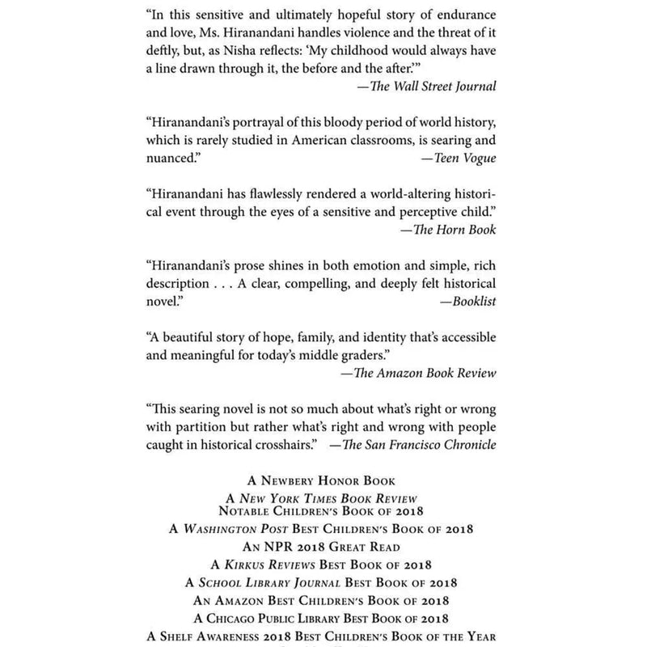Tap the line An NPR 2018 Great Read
(x=323, y=546)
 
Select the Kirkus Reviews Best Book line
(x=323, y=564)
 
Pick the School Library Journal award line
(x=323, y=582)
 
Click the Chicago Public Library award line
(x=323, y=618)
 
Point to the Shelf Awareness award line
(x=323, y=636)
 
